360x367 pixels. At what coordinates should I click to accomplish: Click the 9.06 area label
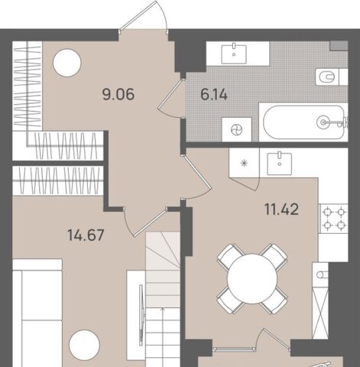[x=118, y=95]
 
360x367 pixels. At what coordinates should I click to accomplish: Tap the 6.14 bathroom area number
[x=214, y=95]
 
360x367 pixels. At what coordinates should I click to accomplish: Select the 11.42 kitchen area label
[x=282, y=209]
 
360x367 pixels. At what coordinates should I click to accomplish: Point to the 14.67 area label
[x=86, y=235]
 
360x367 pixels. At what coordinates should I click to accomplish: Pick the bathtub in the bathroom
[x=303, y=122]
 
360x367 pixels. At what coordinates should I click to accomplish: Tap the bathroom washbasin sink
[x=234, y=54]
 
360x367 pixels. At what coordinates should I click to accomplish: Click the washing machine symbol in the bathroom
[x=237, y=130]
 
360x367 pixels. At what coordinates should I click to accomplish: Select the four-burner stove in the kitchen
[x=334, y=219]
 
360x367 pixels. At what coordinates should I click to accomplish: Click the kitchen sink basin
[x=280, y=164]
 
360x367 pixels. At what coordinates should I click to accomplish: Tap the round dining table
[x=252, y=278]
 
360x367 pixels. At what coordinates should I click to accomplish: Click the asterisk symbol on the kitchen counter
[x=244, y=163]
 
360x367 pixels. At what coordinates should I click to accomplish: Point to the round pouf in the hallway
[x=67, y=63]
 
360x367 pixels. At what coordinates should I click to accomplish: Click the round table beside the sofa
[x=84, y=345]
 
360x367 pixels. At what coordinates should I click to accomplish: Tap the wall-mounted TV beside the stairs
[x=141, y=315]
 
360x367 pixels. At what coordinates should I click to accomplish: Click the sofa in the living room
[x=37, y=313]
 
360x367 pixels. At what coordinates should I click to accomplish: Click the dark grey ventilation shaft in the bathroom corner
[x=339, y=46]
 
